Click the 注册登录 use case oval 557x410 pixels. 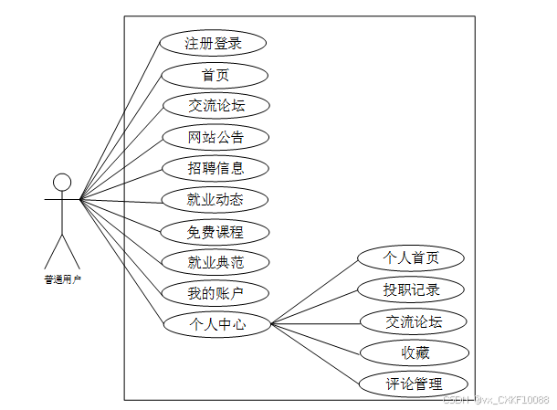pos(213,43)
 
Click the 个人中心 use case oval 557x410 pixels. pos(217,323)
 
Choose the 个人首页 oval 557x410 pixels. pos(411,258)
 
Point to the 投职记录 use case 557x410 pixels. pos(412,290)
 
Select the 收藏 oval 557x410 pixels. pos(415,352)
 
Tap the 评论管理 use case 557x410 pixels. pos(415,384)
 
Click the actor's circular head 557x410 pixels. pos(61,182)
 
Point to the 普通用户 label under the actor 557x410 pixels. pos(62,280)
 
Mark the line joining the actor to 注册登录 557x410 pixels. pos(120,120)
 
